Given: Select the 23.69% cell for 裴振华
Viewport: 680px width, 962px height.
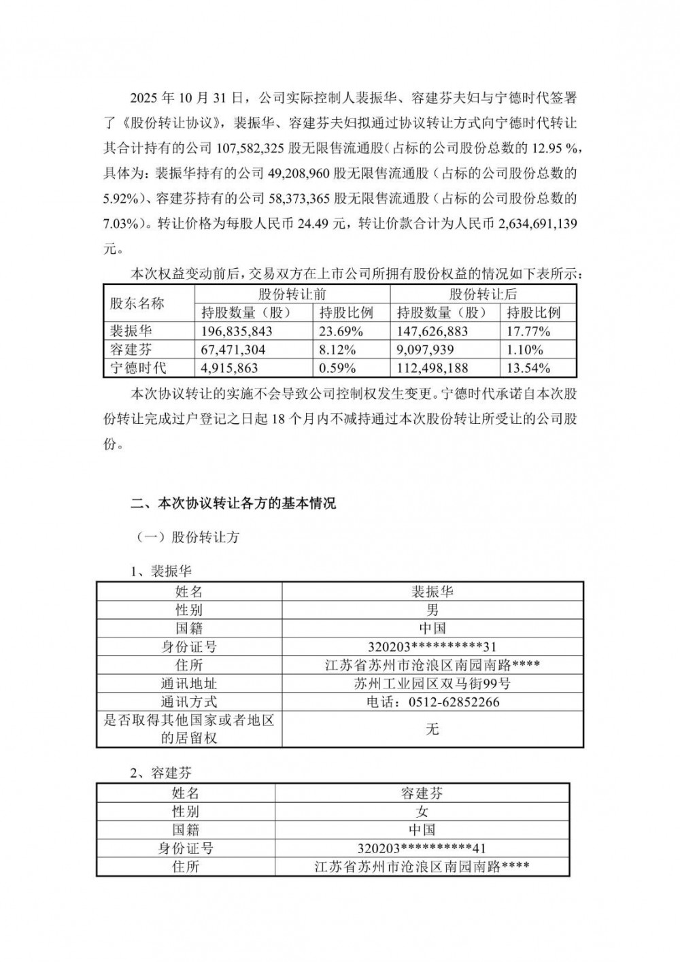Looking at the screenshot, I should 339,331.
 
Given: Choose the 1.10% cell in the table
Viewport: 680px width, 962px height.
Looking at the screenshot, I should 524,350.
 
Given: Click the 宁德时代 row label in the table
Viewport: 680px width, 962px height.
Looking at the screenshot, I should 138,368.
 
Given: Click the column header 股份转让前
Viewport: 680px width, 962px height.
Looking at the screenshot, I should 292,295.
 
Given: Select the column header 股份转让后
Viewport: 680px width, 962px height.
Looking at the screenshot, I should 483,295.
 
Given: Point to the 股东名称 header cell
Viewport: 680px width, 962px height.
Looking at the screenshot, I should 138,303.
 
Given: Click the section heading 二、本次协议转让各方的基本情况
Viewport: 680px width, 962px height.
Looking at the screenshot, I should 233,504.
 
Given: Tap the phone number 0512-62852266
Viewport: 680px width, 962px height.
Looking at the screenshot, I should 432,701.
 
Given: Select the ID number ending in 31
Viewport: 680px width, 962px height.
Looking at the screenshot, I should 432,646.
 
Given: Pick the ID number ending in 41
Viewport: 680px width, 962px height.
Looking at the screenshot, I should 422,848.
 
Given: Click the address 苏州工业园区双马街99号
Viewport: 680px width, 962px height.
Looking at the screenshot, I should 432,683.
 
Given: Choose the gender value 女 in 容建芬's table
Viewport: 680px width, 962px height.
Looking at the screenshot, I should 422,812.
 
